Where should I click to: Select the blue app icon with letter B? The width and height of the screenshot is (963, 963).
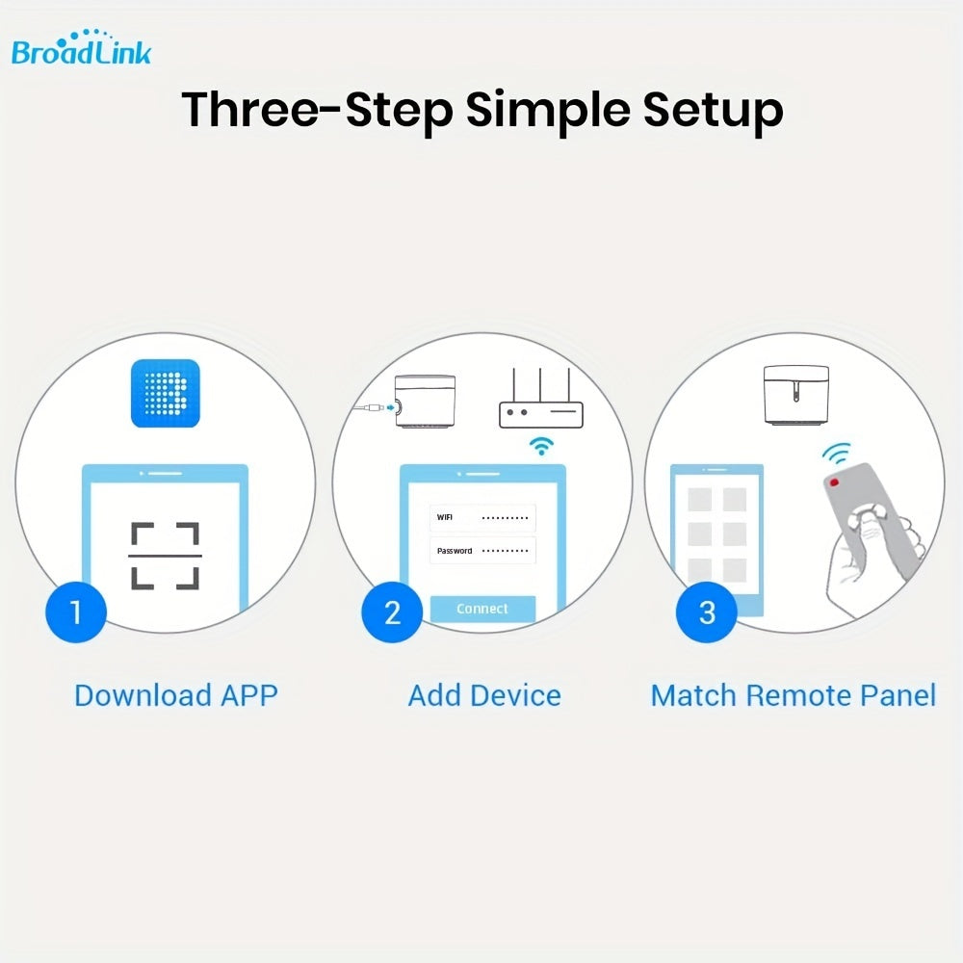(165, 393)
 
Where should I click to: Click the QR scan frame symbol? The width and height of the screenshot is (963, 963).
(165, 556)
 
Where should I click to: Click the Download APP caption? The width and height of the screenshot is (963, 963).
(176, 695)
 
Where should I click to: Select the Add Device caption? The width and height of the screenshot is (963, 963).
(484, 695)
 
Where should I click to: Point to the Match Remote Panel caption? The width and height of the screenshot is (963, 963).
(793, 695)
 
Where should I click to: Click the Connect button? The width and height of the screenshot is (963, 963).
(482, 609)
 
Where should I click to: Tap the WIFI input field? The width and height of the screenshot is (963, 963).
(482, 518)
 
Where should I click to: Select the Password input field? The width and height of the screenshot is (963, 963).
(482, 551)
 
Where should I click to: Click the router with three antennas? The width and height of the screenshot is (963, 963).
(540, 403)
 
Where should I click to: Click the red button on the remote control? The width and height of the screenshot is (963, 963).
(834, 481)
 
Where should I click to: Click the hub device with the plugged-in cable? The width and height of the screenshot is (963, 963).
(429, 404)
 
